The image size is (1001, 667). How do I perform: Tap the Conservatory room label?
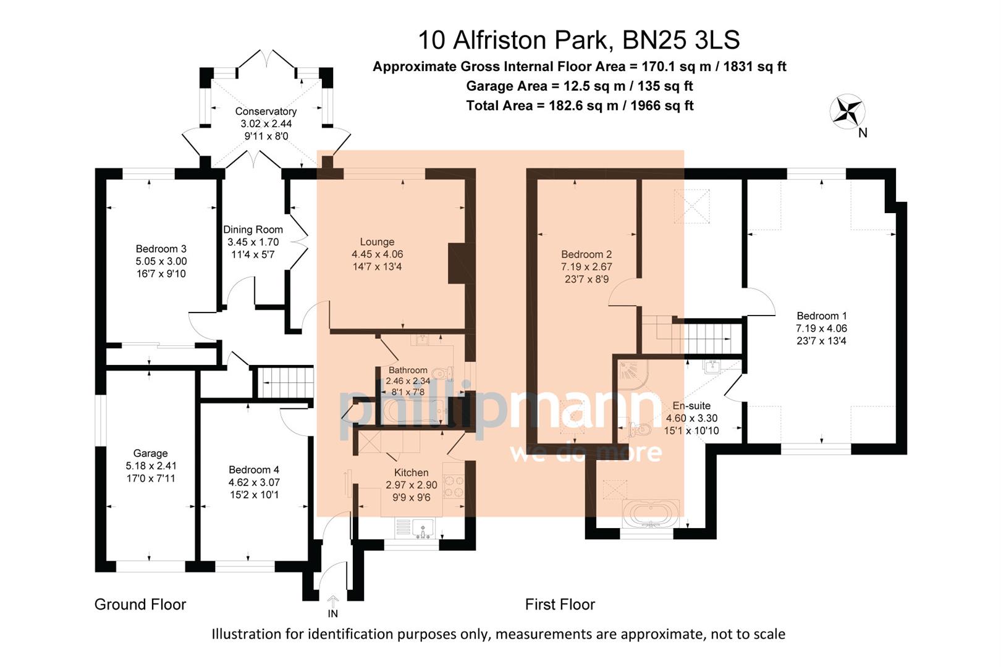[x=266, y=111]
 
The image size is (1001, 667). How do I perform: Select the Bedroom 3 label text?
[x=161, y=249]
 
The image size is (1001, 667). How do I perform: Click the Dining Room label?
[x=253, y=230]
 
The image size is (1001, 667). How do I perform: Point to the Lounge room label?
[x=377, y=242]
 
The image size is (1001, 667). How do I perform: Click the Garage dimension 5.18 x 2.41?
[x=151, y=466]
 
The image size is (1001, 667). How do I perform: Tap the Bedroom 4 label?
[x=253, y=470]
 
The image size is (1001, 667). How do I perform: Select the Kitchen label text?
[x=411, y=472]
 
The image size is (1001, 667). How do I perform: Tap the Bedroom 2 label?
[x=586, y=254]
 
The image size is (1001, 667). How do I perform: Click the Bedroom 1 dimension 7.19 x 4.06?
[x=821, y=329]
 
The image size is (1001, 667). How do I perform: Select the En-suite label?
[x=691, y=406]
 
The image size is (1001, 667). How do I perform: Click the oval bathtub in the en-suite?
[x=651, y=514]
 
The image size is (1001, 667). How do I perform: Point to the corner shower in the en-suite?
[x=632, y=373]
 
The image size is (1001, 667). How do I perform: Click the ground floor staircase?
[x=285, y=383]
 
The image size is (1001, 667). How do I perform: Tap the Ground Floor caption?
[x=140, y=605]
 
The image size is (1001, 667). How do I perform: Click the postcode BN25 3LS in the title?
[x=680, y=40]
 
